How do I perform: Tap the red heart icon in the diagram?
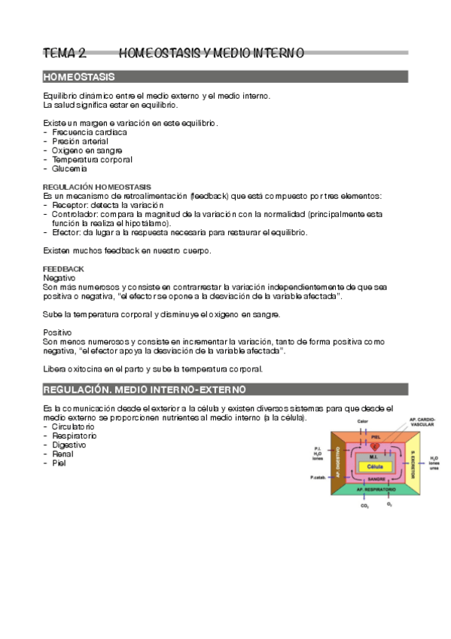375,446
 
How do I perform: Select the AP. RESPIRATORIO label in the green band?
374,491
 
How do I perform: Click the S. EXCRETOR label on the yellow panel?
414,466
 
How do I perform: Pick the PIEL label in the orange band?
375,436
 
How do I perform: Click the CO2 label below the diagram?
364,506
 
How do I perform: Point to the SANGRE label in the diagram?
374,478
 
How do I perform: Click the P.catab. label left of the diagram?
317,477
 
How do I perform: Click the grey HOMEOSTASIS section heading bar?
225,77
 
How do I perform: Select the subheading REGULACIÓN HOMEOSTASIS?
96,186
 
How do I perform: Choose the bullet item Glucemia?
69,168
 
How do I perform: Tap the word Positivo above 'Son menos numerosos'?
58,332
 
